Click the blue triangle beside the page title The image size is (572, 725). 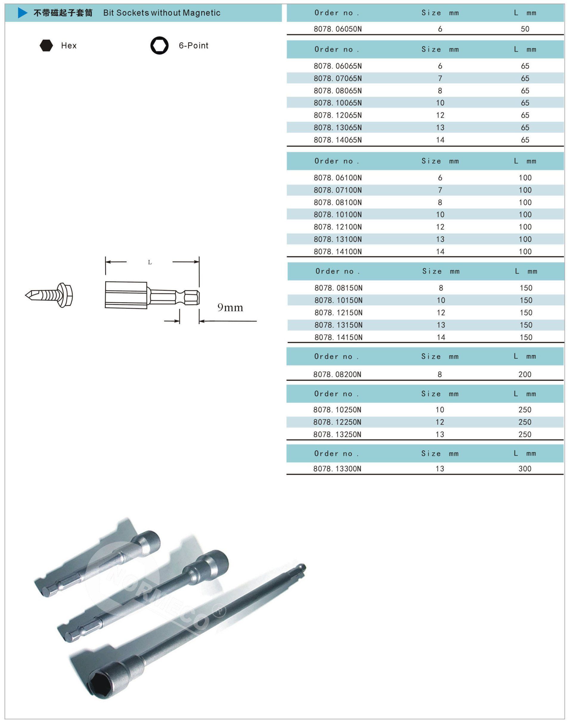(x=22, y=13)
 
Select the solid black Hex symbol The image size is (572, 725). (x=46, y=46)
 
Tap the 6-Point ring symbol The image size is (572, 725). (x=159, y=45)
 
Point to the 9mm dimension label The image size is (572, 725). (x=230, y=307)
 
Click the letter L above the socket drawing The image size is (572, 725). (x=150, y=262)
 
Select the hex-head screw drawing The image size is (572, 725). (x=49, y=295)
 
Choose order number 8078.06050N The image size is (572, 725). (x=338, y=29)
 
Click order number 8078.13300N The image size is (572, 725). (x=337, y=469)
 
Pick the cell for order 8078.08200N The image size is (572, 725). (x=337, y=374)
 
